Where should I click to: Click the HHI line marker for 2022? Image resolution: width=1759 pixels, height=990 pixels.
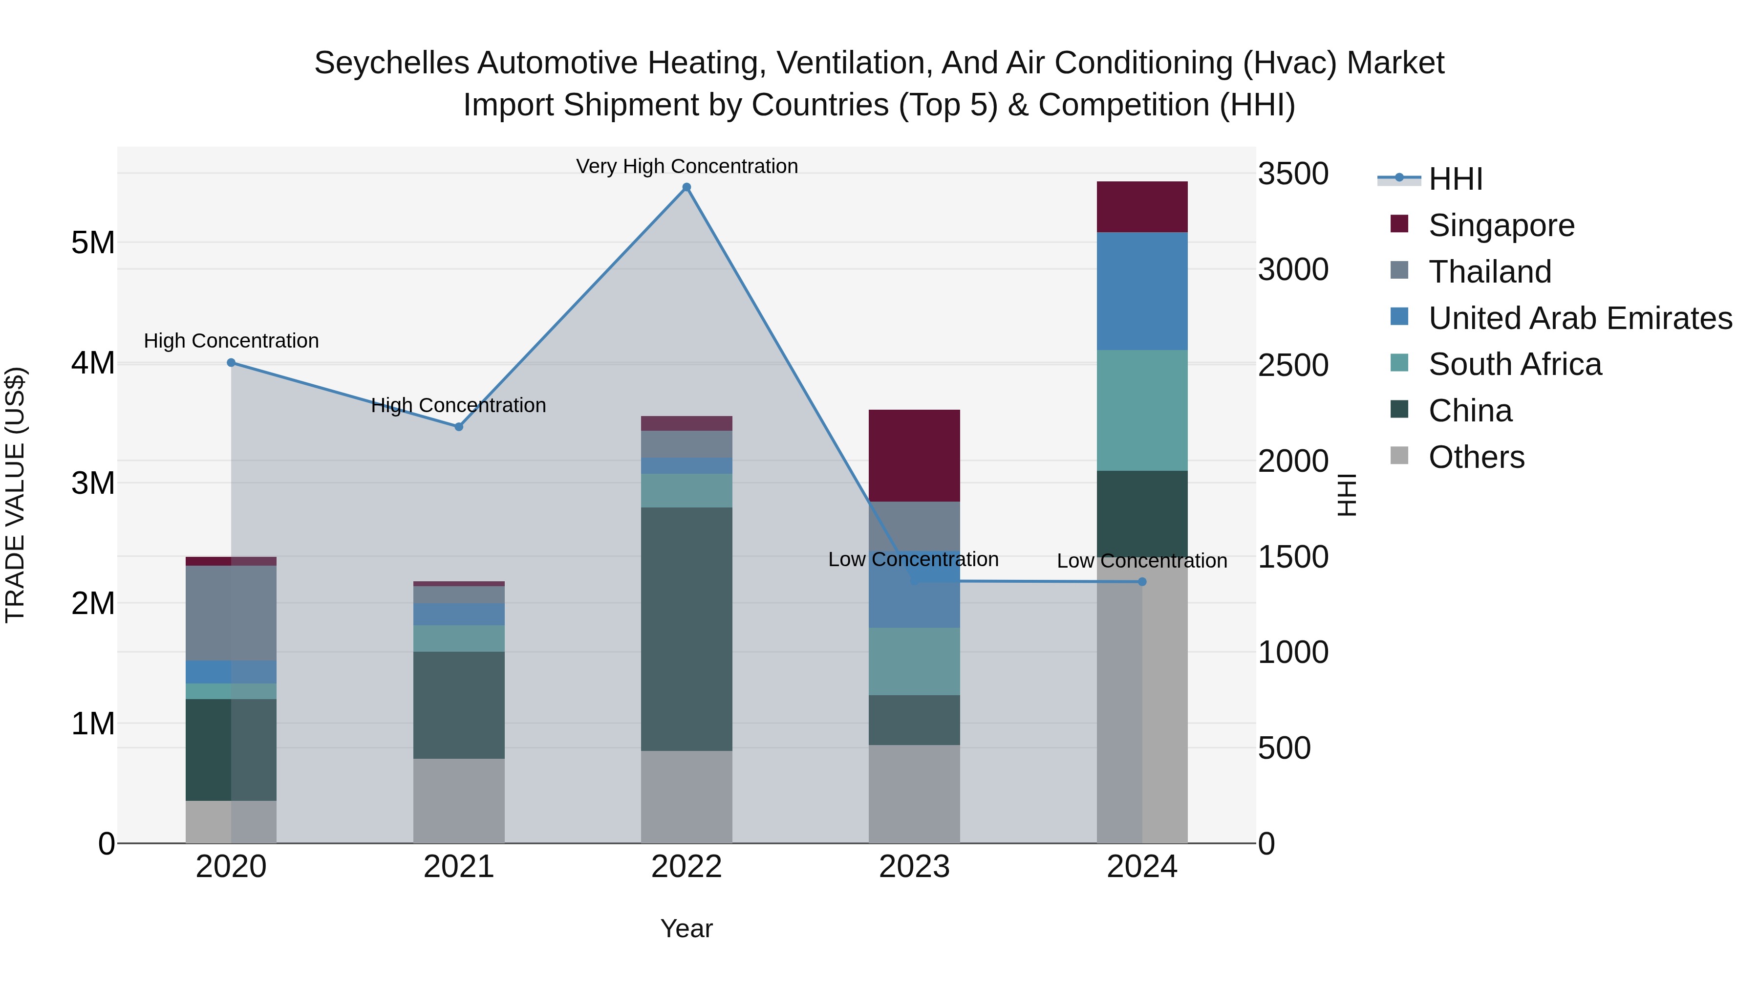coord(686,187)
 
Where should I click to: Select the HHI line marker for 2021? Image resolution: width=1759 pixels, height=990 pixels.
coord(459,426)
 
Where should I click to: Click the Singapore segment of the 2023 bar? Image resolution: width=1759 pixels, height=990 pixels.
coord(914,456)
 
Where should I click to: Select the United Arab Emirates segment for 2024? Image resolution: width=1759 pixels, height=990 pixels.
coord(1142,291)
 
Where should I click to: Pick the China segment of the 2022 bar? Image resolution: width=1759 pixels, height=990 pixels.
coord(686,629)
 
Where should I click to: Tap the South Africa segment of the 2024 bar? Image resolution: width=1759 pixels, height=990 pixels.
coord(1142,410)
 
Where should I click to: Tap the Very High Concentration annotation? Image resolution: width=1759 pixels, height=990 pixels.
coord(686,166)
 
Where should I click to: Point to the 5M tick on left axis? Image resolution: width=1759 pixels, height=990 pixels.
coord(93,242)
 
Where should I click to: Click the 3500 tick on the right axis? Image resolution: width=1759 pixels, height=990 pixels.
coord(1292,174)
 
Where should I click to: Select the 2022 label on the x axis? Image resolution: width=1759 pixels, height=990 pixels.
coord(686,867)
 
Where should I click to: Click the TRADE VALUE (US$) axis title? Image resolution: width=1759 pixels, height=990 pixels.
coord(15,495)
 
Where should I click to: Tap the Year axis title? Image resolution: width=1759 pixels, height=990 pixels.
coord(686,928)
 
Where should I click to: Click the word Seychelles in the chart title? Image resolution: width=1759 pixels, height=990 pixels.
coord(391,63)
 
